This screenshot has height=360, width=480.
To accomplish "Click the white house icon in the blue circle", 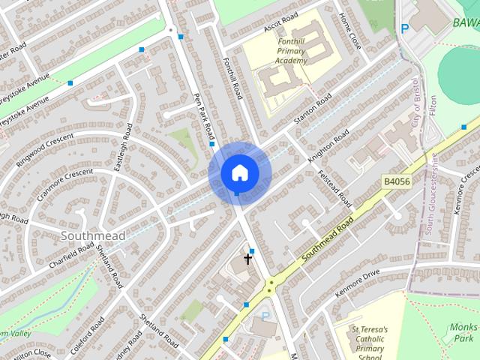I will click(239, 172).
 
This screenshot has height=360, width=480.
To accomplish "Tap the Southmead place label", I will click(93, 236).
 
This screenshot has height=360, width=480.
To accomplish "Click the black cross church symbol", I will click(247, 259).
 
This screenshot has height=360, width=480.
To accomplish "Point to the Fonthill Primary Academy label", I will click(280, 51).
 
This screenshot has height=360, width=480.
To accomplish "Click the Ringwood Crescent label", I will click(46, 150).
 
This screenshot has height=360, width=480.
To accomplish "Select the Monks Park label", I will click(464, 332).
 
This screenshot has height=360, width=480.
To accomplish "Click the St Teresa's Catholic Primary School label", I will click(370, 343).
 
